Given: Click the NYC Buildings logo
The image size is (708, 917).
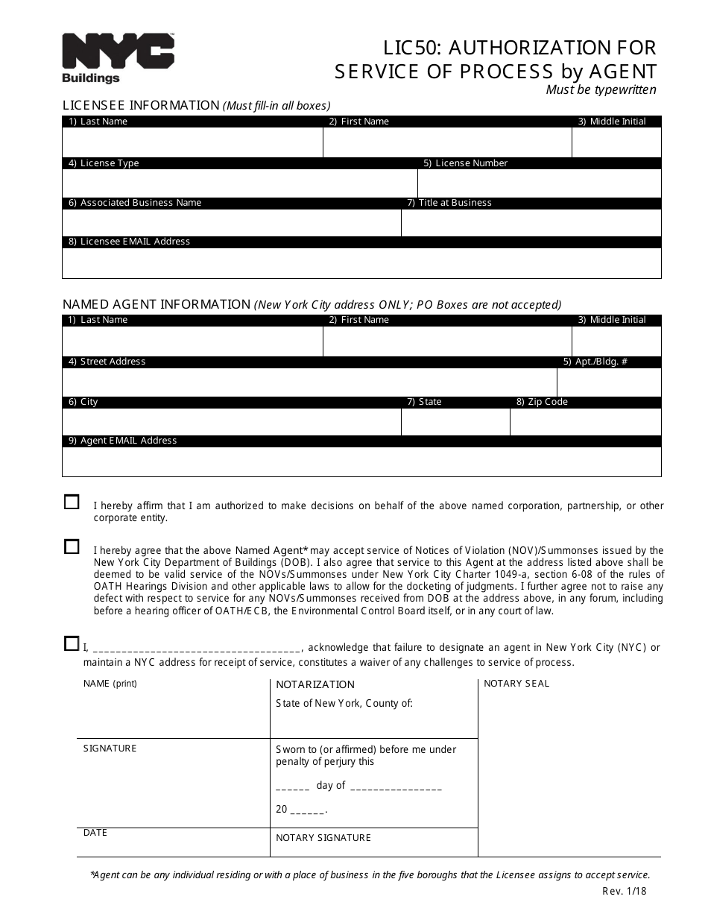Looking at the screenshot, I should click(x=118, y=58).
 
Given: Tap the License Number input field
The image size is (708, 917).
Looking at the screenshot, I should click(x=539, y=183).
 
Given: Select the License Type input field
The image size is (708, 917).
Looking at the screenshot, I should click(x=239, y=183).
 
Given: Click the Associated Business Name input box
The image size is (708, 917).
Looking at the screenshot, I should click(x=231, y=223).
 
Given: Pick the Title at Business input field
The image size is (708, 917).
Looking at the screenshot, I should click(x=531, y=223).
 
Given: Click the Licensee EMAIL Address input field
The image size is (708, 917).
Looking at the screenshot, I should click(x=361, y=263).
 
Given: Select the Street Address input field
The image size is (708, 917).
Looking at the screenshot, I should click(x=309, y=382).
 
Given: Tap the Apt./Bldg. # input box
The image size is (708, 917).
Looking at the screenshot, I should click(x=609, y=382).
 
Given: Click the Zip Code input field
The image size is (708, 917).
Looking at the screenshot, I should click(x=585, y=422).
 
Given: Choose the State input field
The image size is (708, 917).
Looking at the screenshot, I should click(x=455, y=422).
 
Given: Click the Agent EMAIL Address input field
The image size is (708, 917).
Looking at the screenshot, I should click(x=361, y=461).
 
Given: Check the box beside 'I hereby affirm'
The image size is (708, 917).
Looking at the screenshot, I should click(x=72, y=502).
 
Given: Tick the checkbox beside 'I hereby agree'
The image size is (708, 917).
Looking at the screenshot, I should click(x=72, y=546).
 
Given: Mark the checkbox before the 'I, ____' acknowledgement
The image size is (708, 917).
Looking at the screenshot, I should click(x=72, y=643).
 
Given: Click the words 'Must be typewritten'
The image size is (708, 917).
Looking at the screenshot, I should click(x=601, y=90).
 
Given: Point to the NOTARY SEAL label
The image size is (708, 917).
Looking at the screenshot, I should click(x=516, y=684).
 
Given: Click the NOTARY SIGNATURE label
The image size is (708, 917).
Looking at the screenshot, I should click(x=323, y=838).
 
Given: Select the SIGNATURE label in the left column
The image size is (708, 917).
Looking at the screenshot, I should click(x=110, y=749).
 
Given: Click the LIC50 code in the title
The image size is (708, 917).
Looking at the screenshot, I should click(x=411, y=48).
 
